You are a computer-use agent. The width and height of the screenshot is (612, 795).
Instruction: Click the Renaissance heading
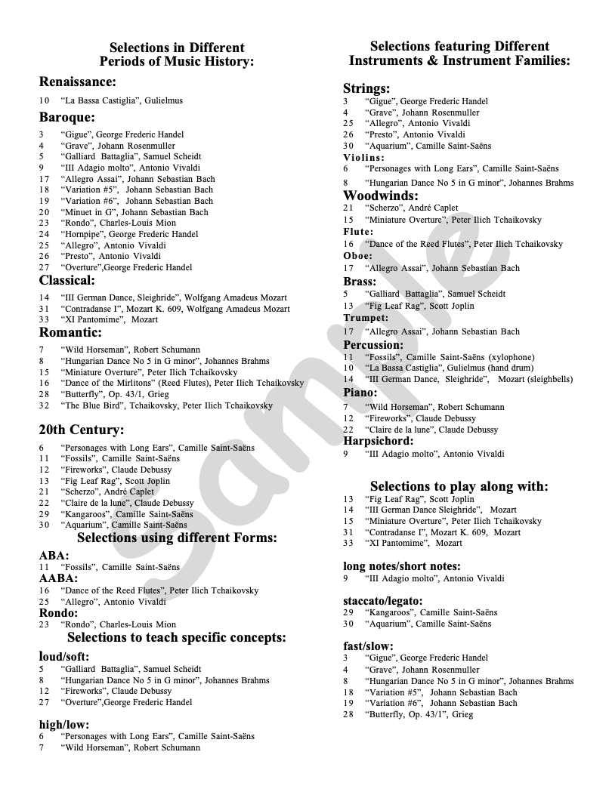pyautogui.click(x=77, y=82)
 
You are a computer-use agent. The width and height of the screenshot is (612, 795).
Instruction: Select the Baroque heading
pyautogui.click(x=66, y=117)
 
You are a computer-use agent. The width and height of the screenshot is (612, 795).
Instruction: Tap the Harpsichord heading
pyautogui.click(x=379, y=441)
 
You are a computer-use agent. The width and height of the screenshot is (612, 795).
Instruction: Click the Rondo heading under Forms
pyautogui.click(x=58, y=613)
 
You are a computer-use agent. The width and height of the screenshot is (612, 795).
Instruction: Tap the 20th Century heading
pyautogui.click(x=82, y=430)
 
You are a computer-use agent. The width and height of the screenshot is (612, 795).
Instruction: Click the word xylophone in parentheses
pyautogui.click(x=510, y=357)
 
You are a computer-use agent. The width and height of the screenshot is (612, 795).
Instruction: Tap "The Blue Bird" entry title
pyautogui.click(x=91, y=405)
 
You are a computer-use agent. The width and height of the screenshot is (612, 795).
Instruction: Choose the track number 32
pyautogui.click(x=44, y=405)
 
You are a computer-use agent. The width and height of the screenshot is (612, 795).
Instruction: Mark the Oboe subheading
pyautogui.click(x=357, y=256)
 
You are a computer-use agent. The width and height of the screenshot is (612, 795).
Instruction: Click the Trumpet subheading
pyautogui.click(x=366, y=319)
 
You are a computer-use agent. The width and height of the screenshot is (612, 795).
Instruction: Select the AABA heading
pyautogui.click(x=58, y=578)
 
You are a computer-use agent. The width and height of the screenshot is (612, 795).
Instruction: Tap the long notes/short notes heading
pyautogui.click(x=402, y=566)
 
